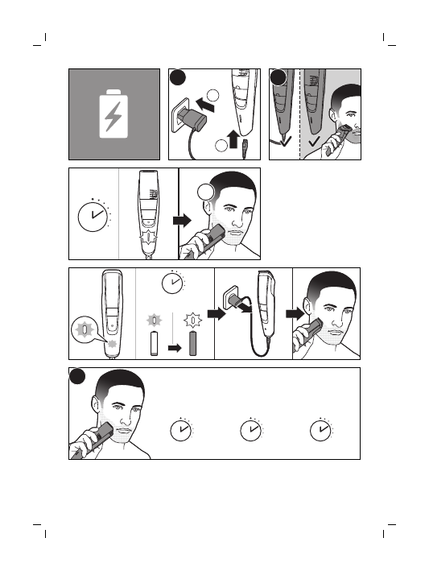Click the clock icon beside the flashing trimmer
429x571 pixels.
coord(93,217)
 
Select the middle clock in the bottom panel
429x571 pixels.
coord(251,432)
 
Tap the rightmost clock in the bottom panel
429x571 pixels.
coord(321,432)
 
